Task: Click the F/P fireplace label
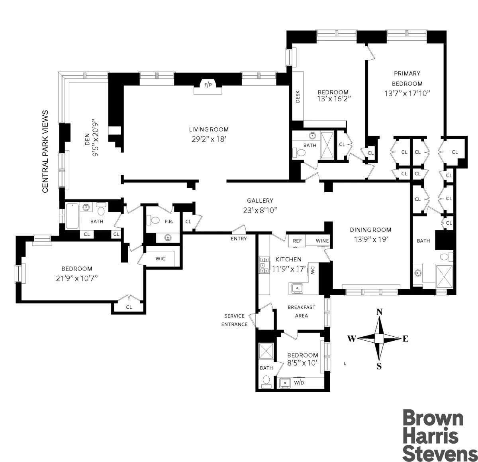pyautogui.click(x=208, y=85)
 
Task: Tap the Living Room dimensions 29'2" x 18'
pyautogui.click(x=209, y=139)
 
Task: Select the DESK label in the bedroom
pyautogui.click(x=298, y=97)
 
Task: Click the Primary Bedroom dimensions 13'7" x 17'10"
pyautogui.click(x=407, y=94)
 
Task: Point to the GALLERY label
pyautogui.click(x=260, y=201)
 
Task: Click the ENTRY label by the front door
pyautogui.click(x=239, y=239)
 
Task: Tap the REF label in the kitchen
pyautogui.click(x=297, y=241)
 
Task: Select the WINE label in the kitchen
pyautogui.click(x=322, y=241)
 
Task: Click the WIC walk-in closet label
pyautogui.click(x=160, y=259)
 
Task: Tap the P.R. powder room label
pyautogui.click(x=169, y=222)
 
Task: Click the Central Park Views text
pyautogui.click(x=45, y=152)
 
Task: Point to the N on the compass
pyautogui.click(x=380, y=312)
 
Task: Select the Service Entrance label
pyautogui.click(x=234, y=320)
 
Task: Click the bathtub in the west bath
pyautogui.click(x=72, y=216)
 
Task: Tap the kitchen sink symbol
pyautogui.click(x=296, y=288)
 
